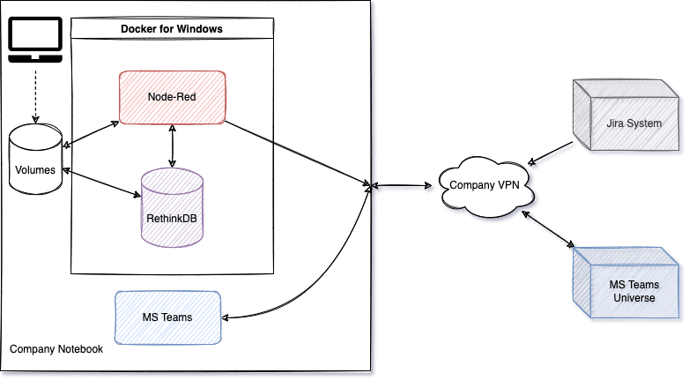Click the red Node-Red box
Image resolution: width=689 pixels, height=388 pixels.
click(172, 96)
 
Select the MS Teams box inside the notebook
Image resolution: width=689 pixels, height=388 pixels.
click(167, 317)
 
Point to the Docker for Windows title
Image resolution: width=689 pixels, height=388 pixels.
click(171, 29)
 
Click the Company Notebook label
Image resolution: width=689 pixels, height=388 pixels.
click(56, 349)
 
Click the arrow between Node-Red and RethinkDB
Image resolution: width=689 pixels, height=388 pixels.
click(172, 145)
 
